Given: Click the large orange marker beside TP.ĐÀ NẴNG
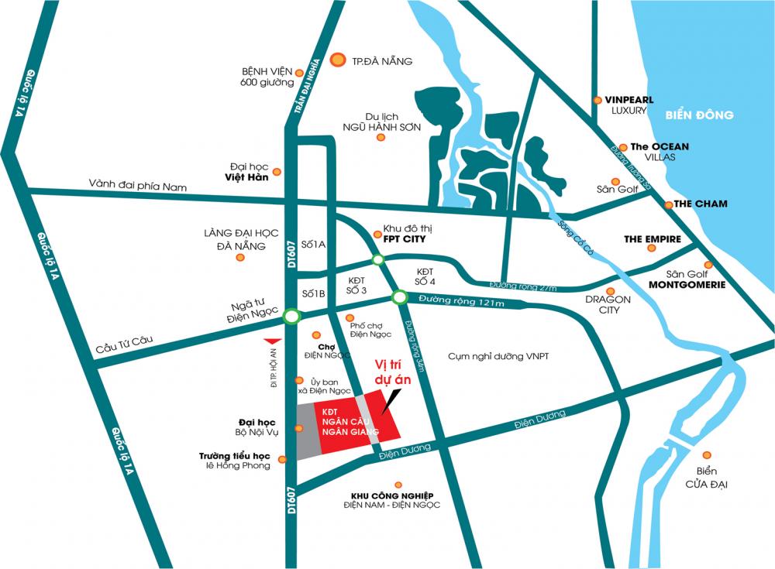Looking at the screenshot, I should pyautogui.click(x=338, y=60).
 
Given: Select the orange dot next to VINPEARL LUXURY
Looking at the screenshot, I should pyautogui.click(x=597, y=100).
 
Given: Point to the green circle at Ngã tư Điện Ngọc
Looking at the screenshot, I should pyautogui.click(x=291, y=316).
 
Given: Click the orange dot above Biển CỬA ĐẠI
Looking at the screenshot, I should pyautogui.click(x=706, y=455).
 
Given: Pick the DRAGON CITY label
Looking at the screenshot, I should pyautogui.click(x=608, y=304).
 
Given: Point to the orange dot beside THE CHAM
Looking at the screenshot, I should pyautogui.click(x=668, y=204).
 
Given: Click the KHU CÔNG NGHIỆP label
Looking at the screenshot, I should pyautogui.click(x=391, y=495).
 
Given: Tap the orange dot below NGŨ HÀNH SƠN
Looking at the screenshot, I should pyautogui.click(x=381, y=137).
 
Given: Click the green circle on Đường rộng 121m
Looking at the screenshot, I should pyautogui.click(x=400, y=296).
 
